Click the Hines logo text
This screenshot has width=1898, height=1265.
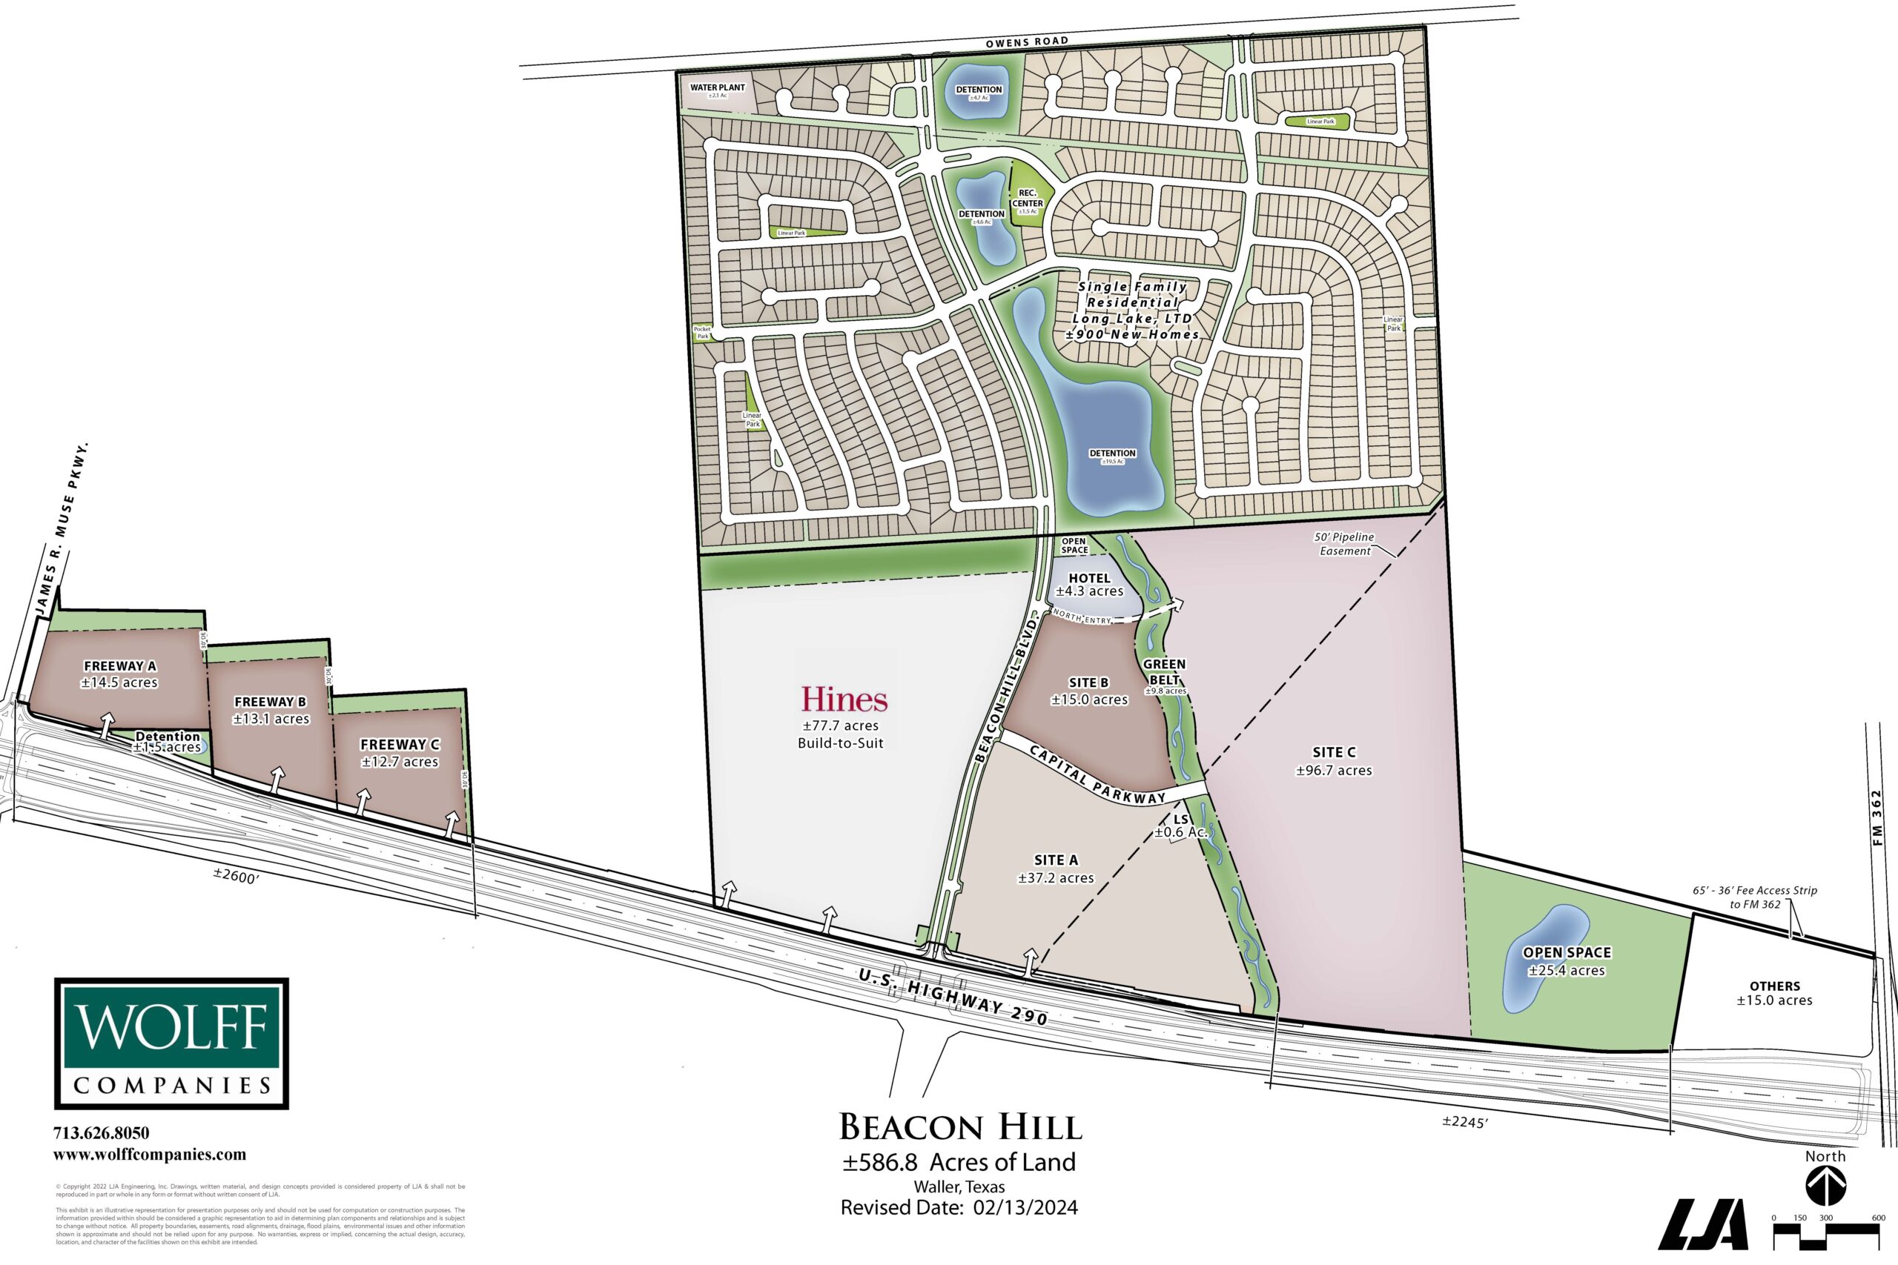tap(844, 700)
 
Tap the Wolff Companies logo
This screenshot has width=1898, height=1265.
tap(171, 1043)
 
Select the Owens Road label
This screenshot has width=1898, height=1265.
tap(1026, 42)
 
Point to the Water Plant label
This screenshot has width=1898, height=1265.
tap(718, 88)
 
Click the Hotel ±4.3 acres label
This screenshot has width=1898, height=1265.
tap(1089, 584)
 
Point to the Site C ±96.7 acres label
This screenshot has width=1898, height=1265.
tap(1334, 761)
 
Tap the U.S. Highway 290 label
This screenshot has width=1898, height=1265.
tap(953, 997)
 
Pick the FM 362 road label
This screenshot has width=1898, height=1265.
tap(1877, 817)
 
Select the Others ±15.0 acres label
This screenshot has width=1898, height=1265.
tap(1774, 993)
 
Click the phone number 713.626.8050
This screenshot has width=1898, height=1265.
tap(101, 1134)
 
